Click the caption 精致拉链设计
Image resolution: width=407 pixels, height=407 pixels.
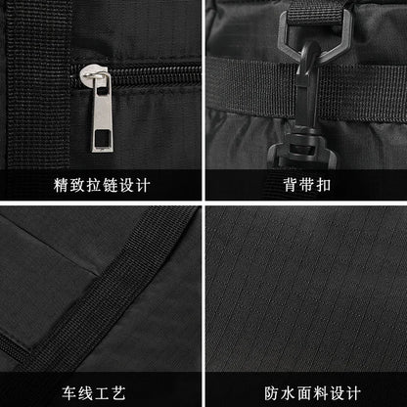pyautogui.click(x=102, y=184)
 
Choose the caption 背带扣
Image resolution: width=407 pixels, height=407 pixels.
pyautogui.click(x=305, y=184)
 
